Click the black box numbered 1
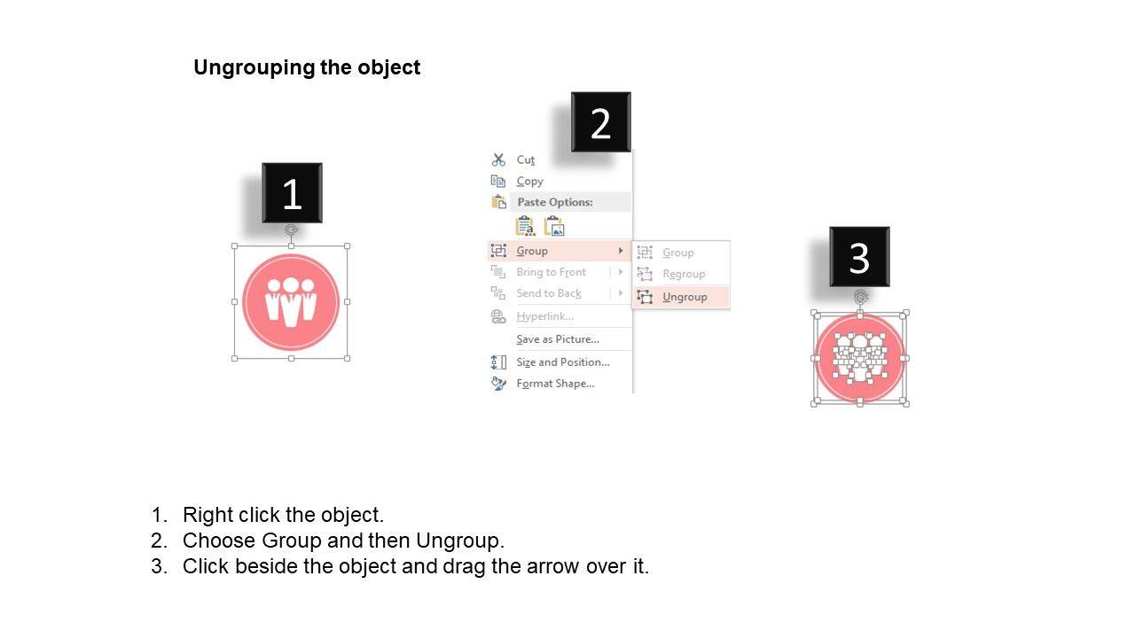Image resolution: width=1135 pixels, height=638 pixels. [292, 193]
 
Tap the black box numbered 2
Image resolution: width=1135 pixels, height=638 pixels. [601, 122]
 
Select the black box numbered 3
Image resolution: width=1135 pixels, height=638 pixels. [859, 257]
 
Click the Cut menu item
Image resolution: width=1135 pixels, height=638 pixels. [526, 160]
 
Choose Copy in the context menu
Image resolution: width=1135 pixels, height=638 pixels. [529, 182]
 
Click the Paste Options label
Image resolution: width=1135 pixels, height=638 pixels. [555, 202]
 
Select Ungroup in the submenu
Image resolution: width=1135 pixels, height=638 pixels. [685, 297]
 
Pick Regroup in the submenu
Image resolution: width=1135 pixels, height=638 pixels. [684, 274]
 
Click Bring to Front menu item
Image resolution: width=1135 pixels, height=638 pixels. [551, 272]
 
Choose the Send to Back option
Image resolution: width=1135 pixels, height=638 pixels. [549, 293]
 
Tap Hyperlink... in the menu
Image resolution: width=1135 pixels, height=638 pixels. [544, 316]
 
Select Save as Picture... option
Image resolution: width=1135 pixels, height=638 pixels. [558, 339]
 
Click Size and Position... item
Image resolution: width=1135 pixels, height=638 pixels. [562, 362]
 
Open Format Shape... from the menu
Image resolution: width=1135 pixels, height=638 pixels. [555, 384]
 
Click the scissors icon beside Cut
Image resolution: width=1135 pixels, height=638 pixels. [498, 160]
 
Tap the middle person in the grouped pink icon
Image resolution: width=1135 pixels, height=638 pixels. [291, 302]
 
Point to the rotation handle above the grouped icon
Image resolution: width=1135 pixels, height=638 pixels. [291, 230]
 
